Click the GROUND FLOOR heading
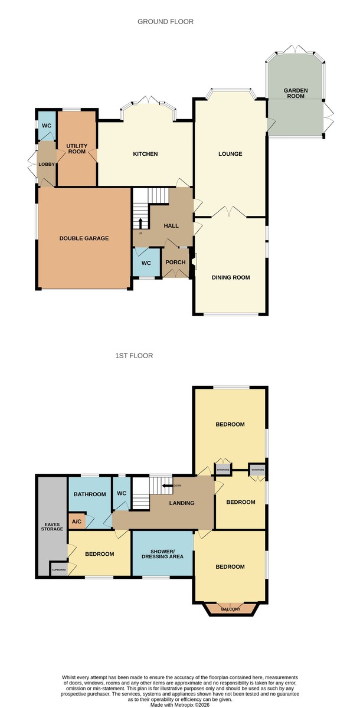[165, 21]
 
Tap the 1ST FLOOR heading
[134, 356]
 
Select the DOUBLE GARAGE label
[84, 238]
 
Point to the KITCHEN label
[145, 154]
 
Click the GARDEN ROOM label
[296, 93]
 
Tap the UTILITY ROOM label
[77, 149]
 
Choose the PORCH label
[175, 262]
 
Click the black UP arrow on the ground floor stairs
[140, 224]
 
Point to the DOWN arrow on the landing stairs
[167, 486]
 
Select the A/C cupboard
[77, 521]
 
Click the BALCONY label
[231, 609]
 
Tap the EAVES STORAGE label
[52, 526]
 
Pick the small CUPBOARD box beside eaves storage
[59, 570]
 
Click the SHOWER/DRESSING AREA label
[162, 554]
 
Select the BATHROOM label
[90, 494]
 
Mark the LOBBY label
[47, 165]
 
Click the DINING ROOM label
[231, 277]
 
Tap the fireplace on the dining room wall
[194, 262]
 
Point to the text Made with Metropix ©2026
[180, 705]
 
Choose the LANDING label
[182, 503]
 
